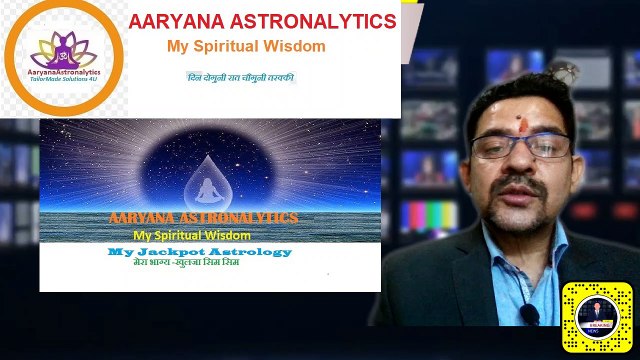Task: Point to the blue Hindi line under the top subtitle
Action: point(241,77)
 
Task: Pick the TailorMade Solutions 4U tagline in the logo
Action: point(63,81)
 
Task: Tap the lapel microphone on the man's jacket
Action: point(529,313)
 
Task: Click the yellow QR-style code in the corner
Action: point(598,316)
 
